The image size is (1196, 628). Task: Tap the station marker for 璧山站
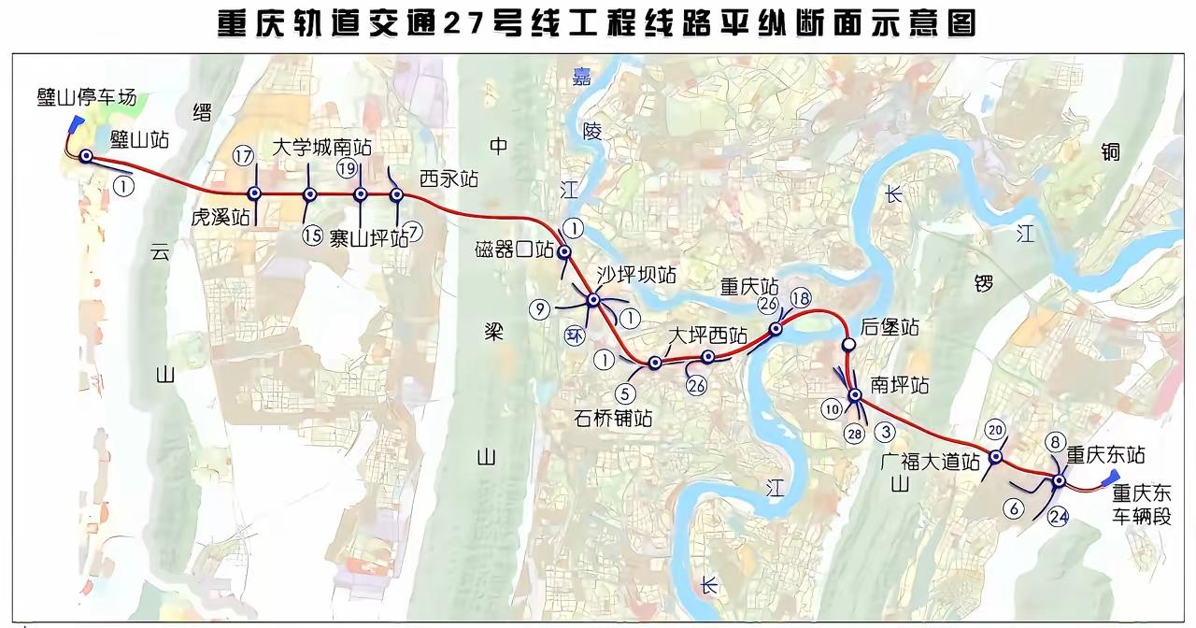[x=86, y=157]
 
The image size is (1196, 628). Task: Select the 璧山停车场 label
[x=87, y=98]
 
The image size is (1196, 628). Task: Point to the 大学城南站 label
[x=322, y=148]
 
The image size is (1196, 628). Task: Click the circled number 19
[x=348, y=168]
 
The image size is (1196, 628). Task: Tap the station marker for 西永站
[x=396, y=194]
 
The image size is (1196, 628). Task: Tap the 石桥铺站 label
[x=614, y=418]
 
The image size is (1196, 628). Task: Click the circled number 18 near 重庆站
[x=801, y=298]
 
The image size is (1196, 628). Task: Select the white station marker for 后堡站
[x=848, y=345]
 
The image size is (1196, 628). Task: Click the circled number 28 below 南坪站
[x=852, y=432]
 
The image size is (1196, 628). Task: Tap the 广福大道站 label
[x=930, y=461]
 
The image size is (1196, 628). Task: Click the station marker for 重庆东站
[x=1058, y=480]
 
